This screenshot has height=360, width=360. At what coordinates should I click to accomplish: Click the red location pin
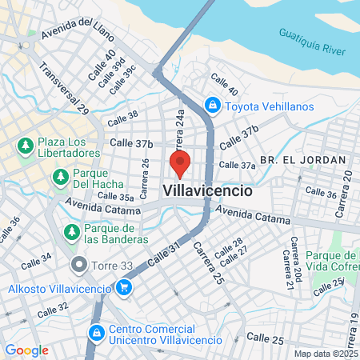click(x=180, y=163)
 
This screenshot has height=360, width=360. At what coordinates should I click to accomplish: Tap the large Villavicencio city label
click(x=208, y=192)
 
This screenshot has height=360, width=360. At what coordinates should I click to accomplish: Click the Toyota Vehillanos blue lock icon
click(x=212, y=104)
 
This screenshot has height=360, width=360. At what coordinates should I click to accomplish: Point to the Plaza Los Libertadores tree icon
click(x=25, y=146)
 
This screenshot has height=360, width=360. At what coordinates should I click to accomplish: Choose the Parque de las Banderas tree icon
click(x=71, y=232)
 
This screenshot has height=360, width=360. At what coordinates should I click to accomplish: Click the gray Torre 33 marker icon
click(x=78, y=263)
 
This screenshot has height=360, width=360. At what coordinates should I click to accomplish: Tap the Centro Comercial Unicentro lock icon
click(x=95, y=332)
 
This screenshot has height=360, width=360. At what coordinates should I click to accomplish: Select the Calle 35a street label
click(x=116, y=196)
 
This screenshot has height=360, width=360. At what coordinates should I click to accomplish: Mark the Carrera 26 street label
click(x=145, y=178)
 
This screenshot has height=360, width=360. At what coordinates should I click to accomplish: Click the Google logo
click(x=26, y=350)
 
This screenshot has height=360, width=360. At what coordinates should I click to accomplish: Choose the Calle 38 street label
click(x=122, y=117)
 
